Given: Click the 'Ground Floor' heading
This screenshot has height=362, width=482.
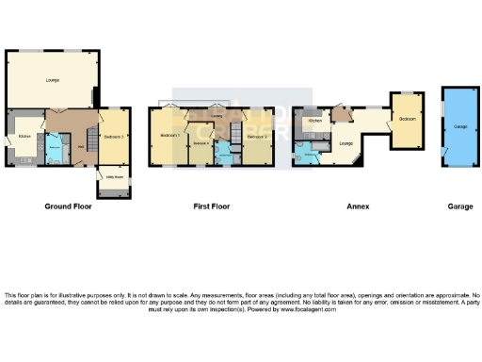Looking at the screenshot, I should pos(68,205).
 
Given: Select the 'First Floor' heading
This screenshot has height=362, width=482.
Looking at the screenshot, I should pos(213,205).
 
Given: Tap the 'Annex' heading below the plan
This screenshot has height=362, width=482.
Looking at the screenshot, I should pos(357,205).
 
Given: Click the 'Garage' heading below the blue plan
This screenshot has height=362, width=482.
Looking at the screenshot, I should pos(460,205).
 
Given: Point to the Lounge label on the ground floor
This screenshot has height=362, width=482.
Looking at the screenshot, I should pos(52,80).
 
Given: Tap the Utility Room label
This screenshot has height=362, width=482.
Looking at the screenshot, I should pos(116,176).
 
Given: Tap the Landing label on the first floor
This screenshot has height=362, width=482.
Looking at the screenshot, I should pos(217,117).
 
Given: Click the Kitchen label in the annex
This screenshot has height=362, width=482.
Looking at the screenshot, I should pos(315,121).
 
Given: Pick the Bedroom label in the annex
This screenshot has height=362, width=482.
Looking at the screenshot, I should pos(408,121).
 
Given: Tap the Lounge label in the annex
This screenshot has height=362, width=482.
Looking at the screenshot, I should pos(345,142).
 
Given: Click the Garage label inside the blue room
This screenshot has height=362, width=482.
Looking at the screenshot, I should pos(459,125).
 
